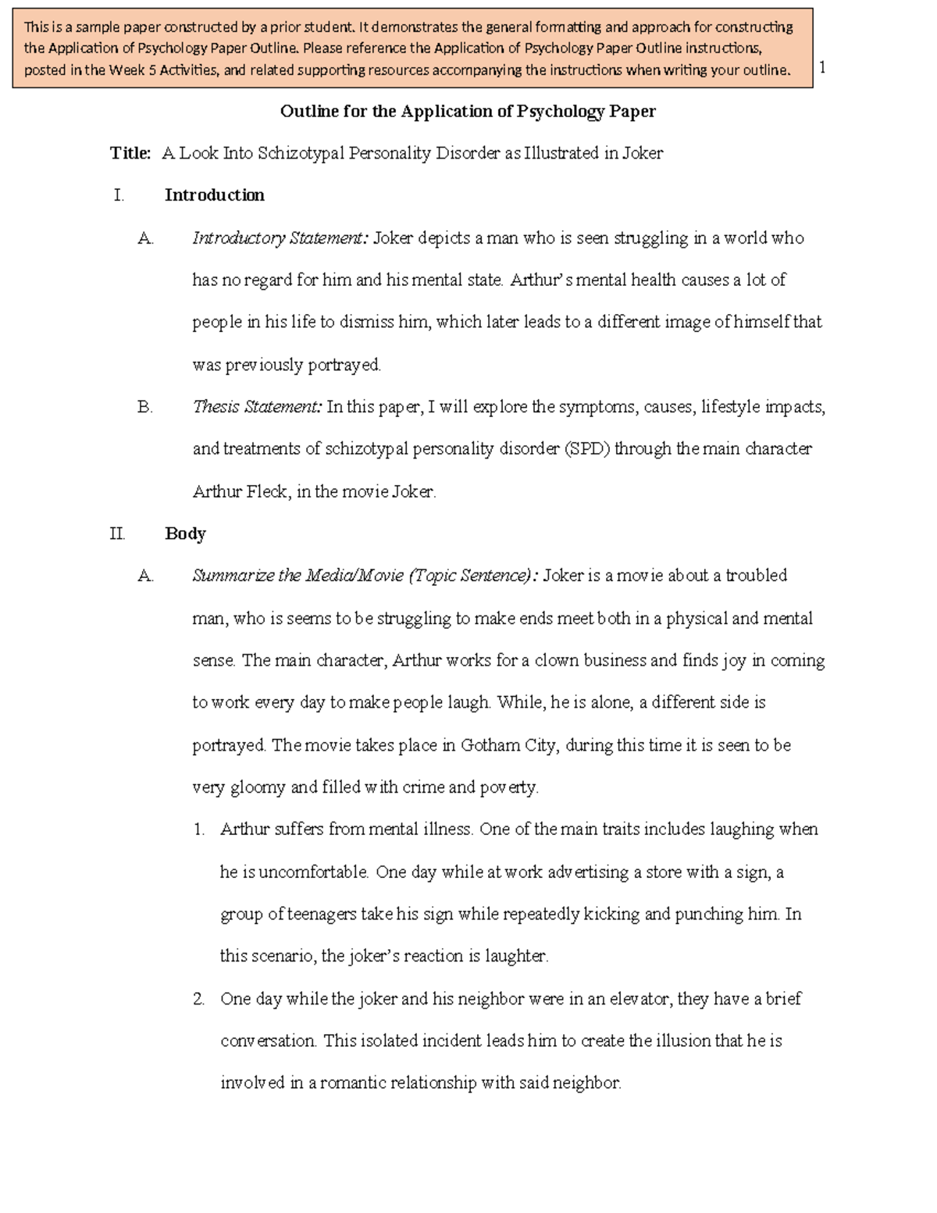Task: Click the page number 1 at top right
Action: coord(822,67)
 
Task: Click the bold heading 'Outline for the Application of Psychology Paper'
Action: coord(468,112)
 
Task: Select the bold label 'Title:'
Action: coord(130,154)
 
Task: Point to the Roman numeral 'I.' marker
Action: coord(119,195)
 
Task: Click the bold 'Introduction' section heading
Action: coord(214,195)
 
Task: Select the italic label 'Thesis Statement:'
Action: coord(257,407)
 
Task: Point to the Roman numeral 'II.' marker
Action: coord(117,534)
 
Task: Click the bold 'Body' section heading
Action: coord(185,534)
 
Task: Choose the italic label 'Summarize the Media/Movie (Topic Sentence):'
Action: coord(365,576)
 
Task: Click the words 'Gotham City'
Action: coord(509,745)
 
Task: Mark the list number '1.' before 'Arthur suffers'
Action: coord(199,829)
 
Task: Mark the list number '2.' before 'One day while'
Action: coord(199,999)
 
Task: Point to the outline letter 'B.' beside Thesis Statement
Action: coord(144,407)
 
